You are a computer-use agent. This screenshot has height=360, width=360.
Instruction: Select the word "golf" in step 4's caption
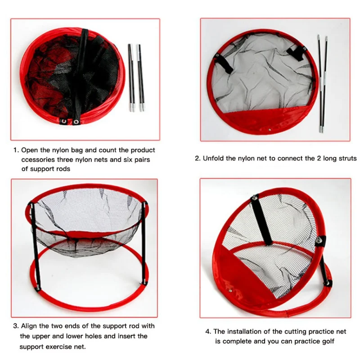[328, 342]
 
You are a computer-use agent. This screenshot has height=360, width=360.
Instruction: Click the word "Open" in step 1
[30, 150]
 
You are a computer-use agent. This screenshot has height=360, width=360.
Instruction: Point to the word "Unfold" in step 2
[213, 158]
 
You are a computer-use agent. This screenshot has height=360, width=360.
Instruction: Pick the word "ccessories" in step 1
[38, 160]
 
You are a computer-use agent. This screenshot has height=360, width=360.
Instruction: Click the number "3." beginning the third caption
[16, 326]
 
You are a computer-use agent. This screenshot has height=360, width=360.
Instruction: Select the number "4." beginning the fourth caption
[208, 332]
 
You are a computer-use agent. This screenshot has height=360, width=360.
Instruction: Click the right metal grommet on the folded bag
[76, 121]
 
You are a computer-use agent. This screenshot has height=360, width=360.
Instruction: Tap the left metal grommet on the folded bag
[64, 121]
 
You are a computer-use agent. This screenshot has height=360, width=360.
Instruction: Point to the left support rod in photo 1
[131, 77]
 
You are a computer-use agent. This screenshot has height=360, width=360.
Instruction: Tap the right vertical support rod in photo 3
[144, 243]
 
